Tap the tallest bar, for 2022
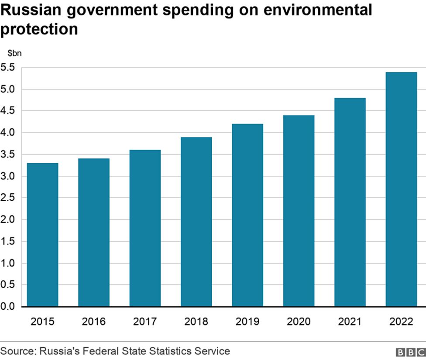pos(401,189)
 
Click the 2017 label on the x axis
pos(145,322)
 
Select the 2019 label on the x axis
pos(247,322)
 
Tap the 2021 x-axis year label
pos(350,322)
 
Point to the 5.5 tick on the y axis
pos(8,67)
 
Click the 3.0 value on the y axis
pos(8,176)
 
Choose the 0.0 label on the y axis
pos(8,307)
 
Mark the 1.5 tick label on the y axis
pos(8,241)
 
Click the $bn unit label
pos(14,53)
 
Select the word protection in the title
pos(39,29)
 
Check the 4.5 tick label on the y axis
pos(8,111)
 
